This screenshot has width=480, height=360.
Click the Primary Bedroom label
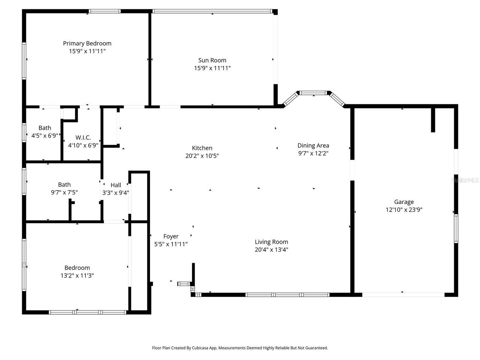pos(87,43)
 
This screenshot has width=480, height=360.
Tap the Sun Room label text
pos(212,60)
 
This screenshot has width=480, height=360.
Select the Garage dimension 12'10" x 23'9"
pos(404,210)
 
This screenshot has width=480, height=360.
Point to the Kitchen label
pos(202,148)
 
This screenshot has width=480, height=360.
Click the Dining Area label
pos(313,145)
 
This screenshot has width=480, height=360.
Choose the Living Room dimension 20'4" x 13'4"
pos(271,250)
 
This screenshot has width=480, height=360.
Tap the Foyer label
pos(171,236)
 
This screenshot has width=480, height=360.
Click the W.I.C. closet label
pos(83,138)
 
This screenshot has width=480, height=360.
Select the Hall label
pos(116,185)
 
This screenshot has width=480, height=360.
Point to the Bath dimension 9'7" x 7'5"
pos(64,192)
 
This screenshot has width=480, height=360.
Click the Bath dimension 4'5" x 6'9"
pos(45,136)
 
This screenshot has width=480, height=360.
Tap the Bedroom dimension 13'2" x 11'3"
pos(77,276)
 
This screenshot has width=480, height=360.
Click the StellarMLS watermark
pos(465,180)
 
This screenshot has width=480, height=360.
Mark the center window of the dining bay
pos(313,93)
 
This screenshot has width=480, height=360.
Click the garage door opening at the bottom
pos(403,295)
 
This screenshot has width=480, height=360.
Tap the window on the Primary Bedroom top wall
pos(105,11)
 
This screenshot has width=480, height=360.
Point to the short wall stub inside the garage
pos(433,120)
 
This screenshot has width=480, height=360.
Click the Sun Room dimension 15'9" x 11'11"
pos(212,68)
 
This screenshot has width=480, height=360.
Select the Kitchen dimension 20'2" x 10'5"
pos(202,156)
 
